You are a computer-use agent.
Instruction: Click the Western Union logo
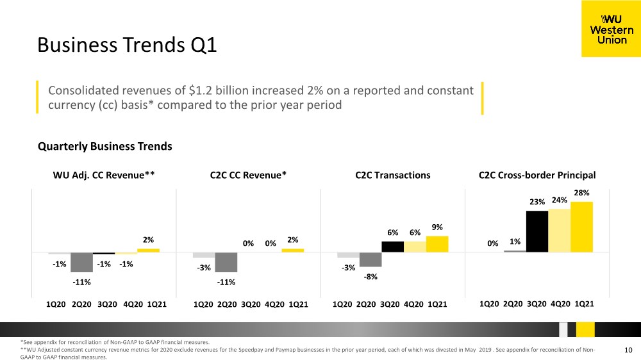click(x=611, y=29)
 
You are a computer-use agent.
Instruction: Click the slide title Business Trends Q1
click(x=127, y=45)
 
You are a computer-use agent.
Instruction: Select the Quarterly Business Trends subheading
click(x=104, y=146)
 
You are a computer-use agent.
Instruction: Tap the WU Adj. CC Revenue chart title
click(x=104, y=175)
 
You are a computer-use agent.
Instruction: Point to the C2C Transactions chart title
click(x=392, y=175)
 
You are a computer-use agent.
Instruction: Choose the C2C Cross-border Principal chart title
click(x=537, y=175)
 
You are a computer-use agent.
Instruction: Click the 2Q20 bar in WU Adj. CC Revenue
click(x=81, y=263)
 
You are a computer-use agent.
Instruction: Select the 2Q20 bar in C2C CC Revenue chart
click(x=226, y=263)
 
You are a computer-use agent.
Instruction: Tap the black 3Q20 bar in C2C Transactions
click(x=392, y=247)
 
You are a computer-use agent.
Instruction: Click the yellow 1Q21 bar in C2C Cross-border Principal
click(x=582, y=227)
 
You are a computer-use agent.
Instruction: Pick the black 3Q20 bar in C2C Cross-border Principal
click(x=537, y=231)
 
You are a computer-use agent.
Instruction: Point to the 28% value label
click(x=582, y=192)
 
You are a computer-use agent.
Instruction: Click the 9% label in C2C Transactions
click(x=437, y=227)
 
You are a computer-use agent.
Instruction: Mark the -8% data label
click(x=370, y=277)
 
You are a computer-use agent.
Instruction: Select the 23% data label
click(x=537, y=202)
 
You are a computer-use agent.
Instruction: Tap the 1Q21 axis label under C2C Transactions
click(x=437, y=304)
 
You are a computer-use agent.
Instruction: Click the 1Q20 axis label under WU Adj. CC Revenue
click(x=56, y=304)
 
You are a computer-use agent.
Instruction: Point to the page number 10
click(x=628, y=350)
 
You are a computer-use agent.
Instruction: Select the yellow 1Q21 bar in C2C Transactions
click(x=437, y=244)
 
